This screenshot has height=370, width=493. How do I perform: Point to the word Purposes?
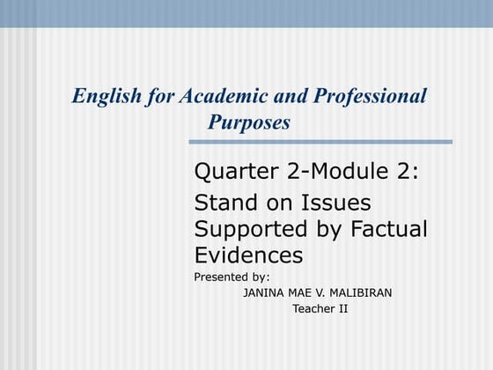pyautogui.click(x=249, y=122)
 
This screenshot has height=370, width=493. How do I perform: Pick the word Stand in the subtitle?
pyautogui.click(x=221, y=203)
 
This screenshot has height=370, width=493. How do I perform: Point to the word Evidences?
pyautogui.click(x=248, y=255)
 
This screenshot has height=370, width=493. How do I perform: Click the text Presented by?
pyautogui.click(x=232, y=277)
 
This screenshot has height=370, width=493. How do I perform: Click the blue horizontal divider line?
pyautogui.click(x=320, y=142)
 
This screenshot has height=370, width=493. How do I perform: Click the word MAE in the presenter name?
pyautogui.click(x=301, y=292)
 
